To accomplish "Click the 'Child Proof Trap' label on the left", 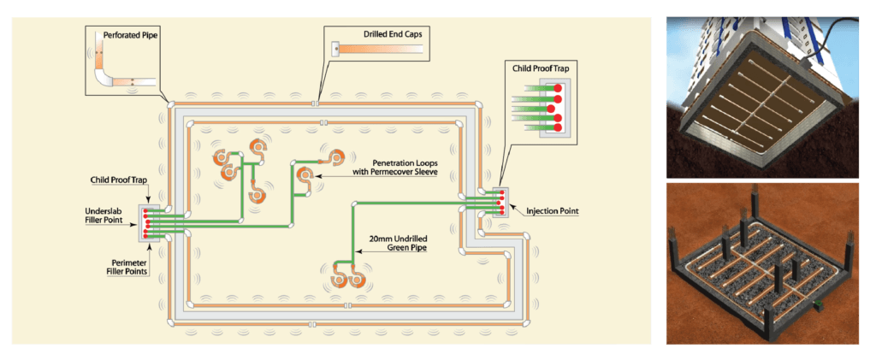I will click(117, 180).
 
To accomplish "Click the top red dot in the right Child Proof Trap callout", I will click(558, 88).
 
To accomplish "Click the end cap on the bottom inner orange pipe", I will click(346, 305).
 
